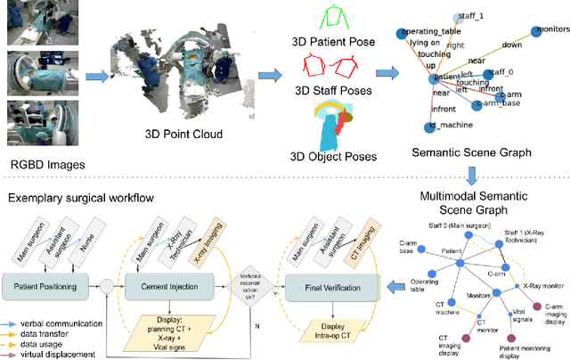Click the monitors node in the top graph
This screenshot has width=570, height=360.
[x=533, y=30]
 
